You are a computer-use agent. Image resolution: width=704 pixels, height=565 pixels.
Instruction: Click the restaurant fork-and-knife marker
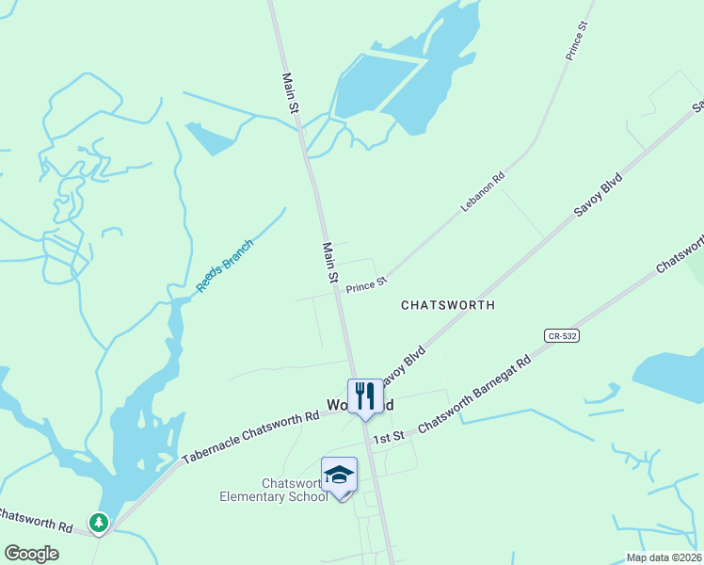(364, 396)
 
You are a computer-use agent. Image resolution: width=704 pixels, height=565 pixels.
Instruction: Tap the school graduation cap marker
(339, 475)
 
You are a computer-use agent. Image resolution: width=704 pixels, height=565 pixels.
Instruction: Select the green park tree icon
(98, 522)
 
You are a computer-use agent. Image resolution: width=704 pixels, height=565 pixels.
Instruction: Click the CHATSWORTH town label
(447, 305)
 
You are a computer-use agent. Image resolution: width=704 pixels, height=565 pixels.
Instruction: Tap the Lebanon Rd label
(484, 190)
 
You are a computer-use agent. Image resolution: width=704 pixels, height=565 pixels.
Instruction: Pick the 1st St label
(388, 438)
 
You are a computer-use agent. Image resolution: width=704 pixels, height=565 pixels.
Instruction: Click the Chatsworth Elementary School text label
(273, 490)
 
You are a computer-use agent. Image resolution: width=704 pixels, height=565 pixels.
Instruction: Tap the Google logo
(31, 553)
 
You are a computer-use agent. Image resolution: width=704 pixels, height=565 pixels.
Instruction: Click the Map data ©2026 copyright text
(663, 557)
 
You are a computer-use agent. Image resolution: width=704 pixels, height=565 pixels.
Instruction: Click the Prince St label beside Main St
(366, 284)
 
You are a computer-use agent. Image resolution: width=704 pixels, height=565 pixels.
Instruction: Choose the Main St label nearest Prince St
(330, 264)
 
